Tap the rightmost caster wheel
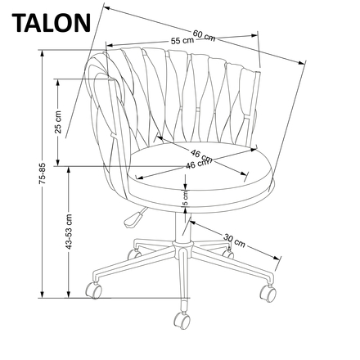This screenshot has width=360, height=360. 268,290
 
